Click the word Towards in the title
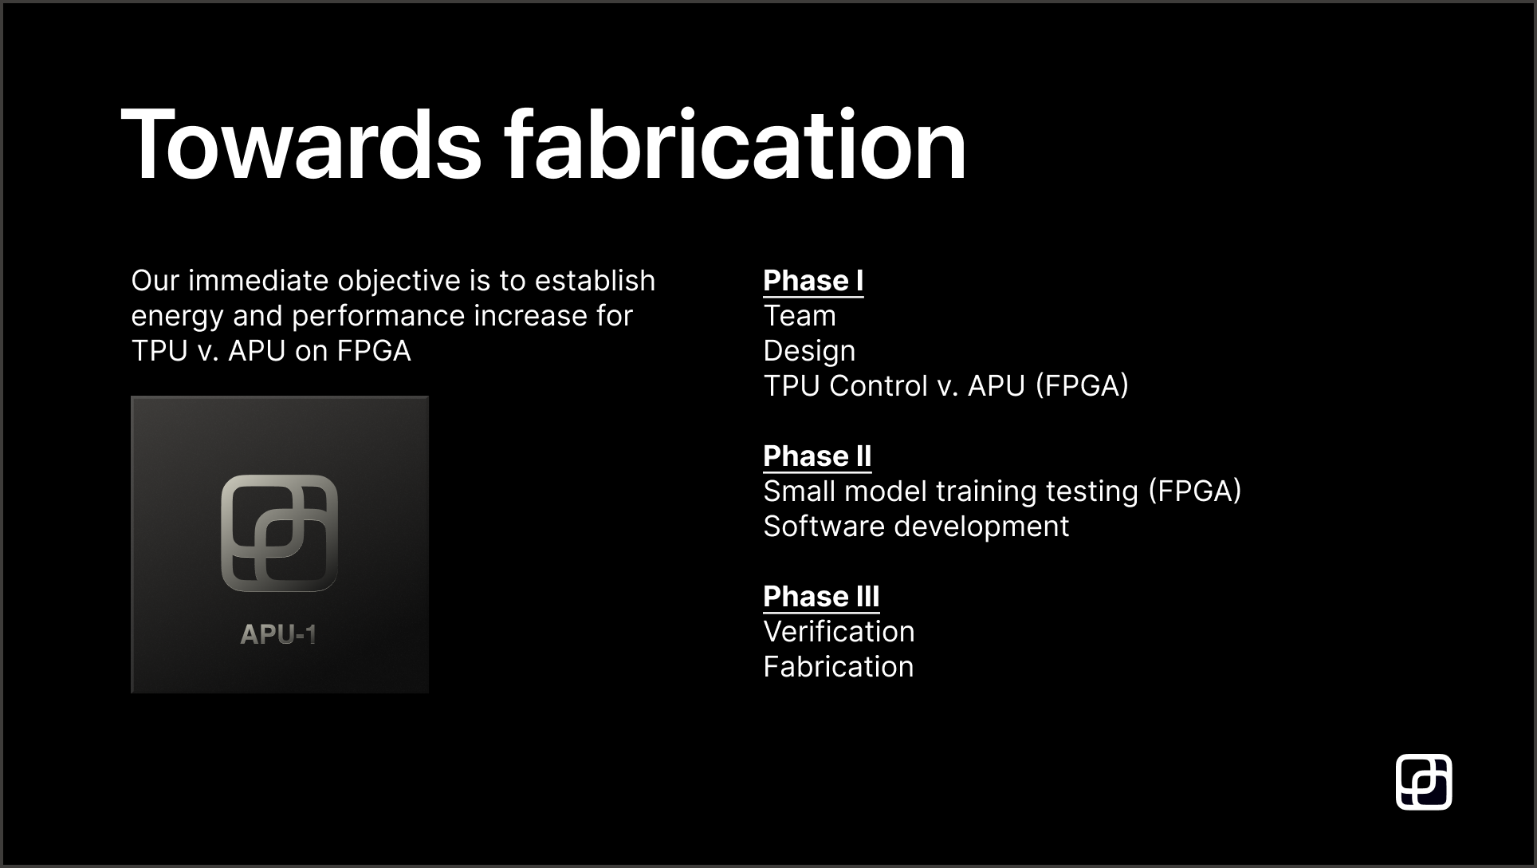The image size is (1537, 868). (301, 145)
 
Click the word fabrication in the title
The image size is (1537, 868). (735, 144)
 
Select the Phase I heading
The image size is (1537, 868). (813, 281)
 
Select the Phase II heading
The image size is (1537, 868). (817, 456)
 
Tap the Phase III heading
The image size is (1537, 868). (821, 597)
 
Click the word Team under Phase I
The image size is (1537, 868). (800, 316)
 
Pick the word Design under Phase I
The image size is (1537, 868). (809, 352)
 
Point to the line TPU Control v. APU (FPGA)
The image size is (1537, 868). (946, 386)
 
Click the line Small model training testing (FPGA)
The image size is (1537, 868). (1002, 492)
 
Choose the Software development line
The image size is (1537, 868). (916, 527)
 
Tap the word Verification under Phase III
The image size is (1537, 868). (839, 632)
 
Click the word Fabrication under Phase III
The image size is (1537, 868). (839, 667)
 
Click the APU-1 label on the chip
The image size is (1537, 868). (278, 635)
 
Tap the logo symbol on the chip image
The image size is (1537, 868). (279, 534)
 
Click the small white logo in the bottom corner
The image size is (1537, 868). (1424, 782)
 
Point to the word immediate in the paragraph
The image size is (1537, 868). (258, 281)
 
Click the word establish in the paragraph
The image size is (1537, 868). (595, 281)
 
